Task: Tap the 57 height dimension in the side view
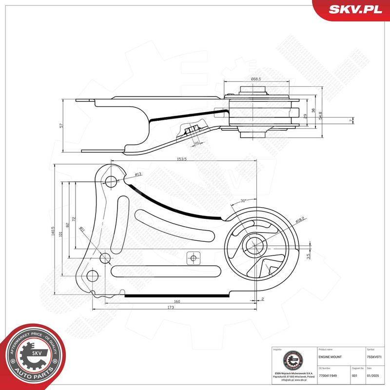pos(61,125)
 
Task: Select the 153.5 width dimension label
pos(183,159)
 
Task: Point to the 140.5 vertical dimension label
pos(54,232)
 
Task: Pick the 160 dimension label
pos(177,301)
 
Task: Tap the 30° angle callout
pos(244,201)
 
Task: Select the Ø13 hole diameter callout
pos(138,174)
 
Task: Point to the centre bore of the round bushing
pos(255,242)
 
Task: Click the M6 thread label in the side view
pos(197,142)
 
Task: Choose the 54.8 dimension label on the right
pos(320,115)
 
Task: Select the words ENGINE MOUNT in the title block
pos(330,357)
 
